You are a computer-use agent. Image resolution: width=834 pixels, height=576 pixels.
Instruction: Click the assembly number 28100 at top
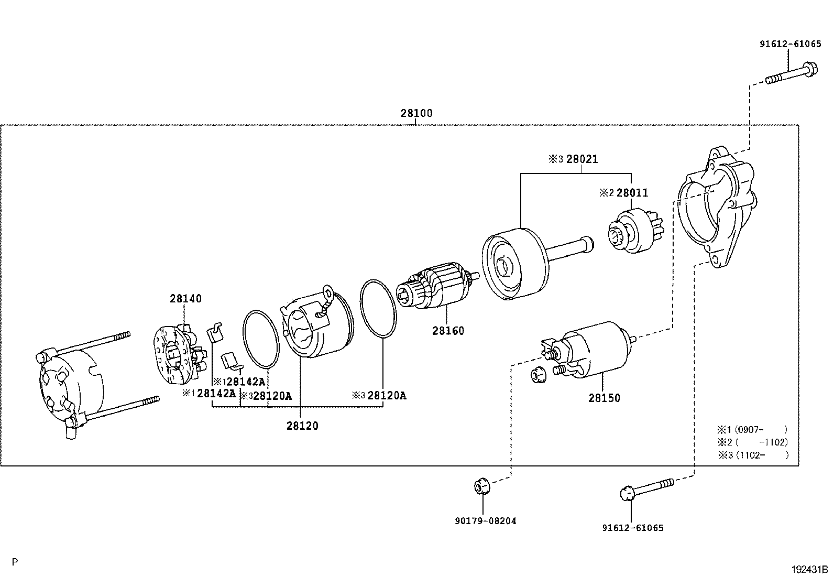[x=416, y=113]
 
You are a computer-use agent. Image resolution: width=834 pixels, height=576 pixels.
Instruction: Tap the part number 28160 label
[x=448, y=331]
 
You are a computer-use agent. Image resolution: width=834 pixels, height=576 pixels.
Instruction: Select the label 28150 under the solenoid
[x=603, y=398]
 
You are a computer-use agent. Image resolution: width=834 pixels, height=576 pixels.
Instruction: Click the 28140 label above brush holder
[x=185, y=299]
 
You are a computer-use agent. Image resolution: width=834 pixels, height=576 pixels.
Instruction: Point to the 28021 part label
[x=581, y=159]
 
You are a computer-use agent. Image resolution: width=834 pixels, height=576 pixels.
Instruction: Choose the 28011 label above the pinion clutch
[x=632, y=193]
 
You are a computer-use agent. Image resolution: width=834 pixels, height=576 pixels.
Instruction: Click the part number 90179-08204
[x=486, y=521]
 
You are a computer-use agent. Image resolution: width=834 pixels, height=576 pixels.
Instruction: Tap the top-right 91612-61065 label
[x=791, y=45]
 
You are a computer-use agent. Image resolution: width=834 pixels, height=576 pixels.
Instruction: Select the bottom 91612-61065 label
[x=633, y=528]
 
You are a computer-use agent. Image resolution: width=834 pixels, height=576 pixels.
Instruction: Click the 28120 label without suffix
[x=302, y=426]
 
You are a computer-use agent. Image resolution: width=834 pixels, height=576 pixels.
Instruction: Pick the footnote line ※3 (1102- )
[x=753, y=455]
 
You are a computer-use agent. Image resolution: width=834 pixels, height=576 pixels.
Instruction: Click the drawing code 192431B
[x=809, y=568]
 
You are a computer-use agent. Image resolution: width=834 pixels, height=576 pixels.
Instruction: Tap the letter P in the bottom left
[x=15, y=562]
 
